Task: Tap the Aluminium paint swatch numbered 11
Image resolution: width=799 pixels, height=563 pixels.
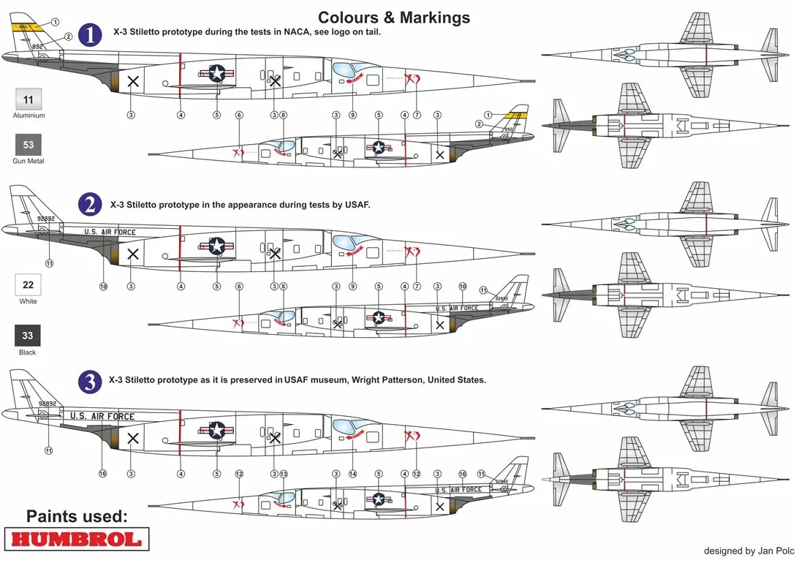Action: coord(29,99)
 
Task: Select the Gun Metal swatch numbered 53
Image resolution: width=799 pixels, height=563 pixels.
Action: coord(29,145)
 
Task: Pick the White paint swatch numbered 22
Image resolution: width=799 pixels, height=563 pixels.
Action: coord(29,284)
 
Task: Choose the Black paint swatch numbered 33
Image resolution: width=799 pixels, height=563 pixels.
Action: coord(29,336)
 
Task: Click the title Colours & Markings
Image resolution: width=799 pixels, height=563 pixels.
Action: coord(394,17)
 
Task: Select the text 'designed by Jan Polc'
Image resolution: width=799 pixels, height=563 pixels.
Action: coord(749,551)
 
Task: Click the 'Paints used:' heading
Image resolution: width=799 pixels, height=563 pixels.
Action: coord(77,516)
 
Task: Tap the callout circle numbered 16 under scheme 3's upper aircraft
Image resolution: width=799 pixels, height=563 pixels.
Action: coord(102,474)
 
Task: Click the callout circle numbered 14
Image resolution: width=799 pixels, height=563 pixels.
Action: coord(352,474)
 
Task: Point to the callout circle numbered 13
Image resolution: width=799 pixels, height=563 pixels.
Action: coord(283,474)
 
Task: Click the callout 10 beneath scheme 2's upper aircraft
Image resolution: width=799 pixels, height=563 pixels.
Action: coord(102,287)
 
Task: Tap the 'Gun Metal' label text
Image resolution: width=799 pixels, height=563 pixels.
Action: coord(29,161)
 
